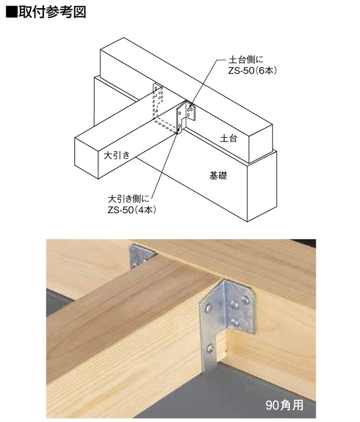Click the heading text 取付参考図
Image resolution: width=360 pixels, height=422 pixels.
click(52, 12)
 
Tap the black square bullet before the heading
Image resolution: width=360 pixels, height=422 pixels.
click(11, 12)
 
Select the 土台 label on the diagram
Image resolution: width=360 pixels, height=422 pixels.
click(228, 138)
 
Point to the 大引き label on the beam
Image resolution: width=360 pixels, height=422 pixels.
click(117, 155)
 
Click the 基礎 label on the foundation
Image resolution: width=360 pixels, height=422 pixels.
click(218, 175)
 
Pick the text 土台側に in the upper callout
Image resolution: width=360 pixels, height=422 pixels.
click(246, 59)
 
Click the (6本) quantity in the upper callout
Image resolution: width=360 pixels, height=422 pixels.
click(266, 70)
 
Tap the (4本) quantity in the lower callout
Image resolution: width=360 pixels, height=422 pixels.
click(146, 209)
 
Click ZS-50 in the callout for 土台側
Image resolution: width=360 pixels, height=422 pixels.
click(241, 71)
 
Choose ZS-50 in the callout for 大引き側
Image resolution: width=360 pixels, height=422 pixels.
click(121, 209)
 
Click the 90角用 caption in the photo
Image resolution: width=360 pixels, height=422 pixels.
click(284, 405)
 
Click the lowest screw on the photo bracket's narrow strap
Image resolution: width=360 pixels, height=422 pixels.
click(210, 349)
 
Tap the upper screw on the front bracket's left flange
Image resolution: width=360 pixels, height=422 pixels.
click(208, 308)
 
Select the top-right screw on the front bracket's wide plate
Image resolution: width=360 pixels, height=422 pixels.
click(245, 300)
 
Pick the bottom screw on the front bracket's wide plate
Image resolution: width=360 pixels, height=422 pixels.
click(235, 322)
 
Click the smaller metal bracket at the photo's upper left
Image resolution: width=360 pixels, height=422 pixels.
click(141, 256)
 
